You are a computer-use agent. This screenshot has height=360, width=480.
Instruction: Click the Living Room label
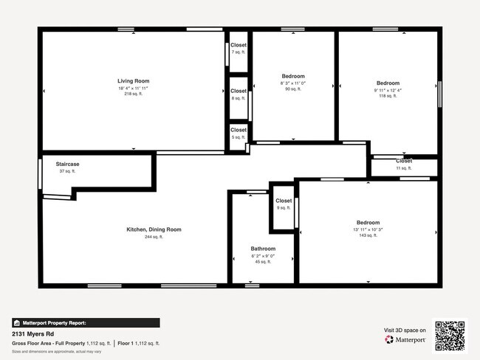coord(133,81)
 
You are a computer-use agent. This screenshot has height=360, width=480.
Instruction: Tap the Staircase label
coord(67,164)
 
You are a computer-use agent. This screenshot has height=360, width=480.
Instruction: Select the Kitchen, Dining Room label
coord(154,229)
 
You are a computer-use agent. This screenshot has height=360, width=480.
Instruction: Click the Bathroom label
coord(263,249)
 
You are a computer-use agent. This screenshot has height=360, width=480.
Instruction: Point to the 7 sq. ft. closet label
coord(238,45)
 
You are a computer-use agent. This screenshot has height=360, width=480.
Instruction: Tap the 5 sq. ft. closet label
coord(238,130)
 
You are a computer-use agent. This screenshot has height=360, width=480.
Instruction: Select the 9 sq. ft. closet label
coord(284,201)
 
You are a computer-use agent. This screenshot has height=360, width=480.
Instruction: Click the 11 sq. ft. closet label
coord(403,161)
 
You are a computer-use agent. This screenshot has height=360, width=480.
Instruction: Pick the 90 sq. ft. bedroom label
coord(292,76)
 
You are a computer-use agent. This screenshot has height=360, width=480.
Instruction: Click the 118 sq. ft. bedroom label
coord(388,83)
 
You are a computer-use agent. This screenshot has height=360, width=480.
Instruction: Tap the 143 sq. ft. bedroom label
coord(368,223)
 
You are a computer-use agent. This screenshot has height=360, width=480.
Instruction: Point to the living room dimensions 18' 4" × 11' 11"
coord(133,88)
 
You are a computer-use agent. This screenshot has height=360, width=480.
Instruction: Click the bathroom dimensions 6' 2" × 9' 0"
coord(263,255)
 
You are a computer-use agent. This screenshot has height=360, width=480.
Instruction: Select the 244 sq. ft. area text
coord(154,237)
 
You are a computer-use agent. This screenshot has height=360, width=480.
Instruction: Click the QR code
coord(450,335)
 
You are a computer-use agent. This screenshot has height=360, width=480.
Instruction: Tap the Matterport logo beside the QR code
coord(405,339)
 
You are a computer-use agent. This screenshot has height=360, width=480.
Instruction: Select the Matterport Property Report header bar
coord(86,322)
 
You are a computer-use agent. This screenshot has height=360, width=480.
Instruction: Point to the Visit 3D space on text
coord(405,330)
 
